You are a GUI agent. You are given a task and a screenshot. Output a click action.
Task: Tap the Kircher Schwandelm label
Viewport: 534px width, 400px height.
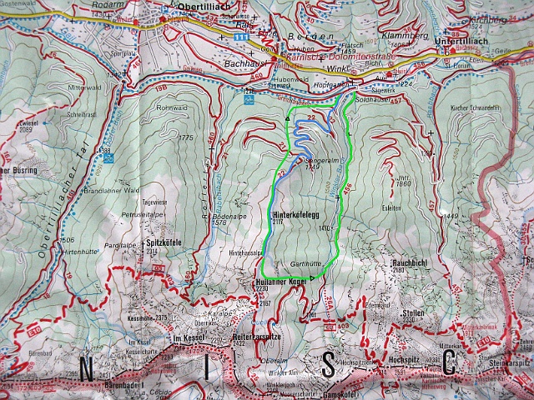474,107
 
